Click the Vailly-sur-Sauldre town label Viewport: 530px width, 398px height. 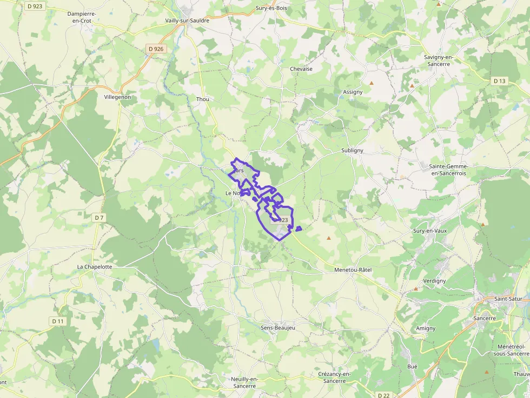(187, 21)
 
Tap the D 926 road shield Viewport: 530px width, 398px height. (156, 49)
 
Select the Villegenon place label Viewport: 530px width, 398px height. (117, 97)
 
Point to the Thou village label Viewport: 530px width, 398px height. (202, 99)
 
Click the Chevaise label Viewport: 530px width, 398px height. (301, 69)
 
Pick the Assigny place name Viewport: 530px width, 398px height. (353, 92)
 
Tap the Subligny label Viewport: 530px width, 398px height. (352, 151)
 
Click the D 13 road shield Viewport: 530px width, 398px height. (499, 81)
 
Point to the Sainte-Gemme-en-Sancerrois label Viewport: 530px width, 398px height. (448, 170)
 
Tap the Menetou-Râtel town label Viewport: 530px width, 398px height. (353, 269)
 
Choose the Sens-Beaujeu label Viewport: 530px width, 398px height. (279, 327)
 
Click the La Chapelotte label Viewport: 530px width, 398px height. (95, 267)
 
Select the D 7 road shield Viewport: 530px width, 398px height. (98, 218)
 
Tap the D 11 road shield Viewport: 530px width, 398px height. (58, 321)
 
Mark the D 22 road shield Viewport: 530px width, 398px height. (383, 395)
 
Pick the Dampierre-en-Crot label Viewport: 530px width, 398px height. (79, 17)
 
